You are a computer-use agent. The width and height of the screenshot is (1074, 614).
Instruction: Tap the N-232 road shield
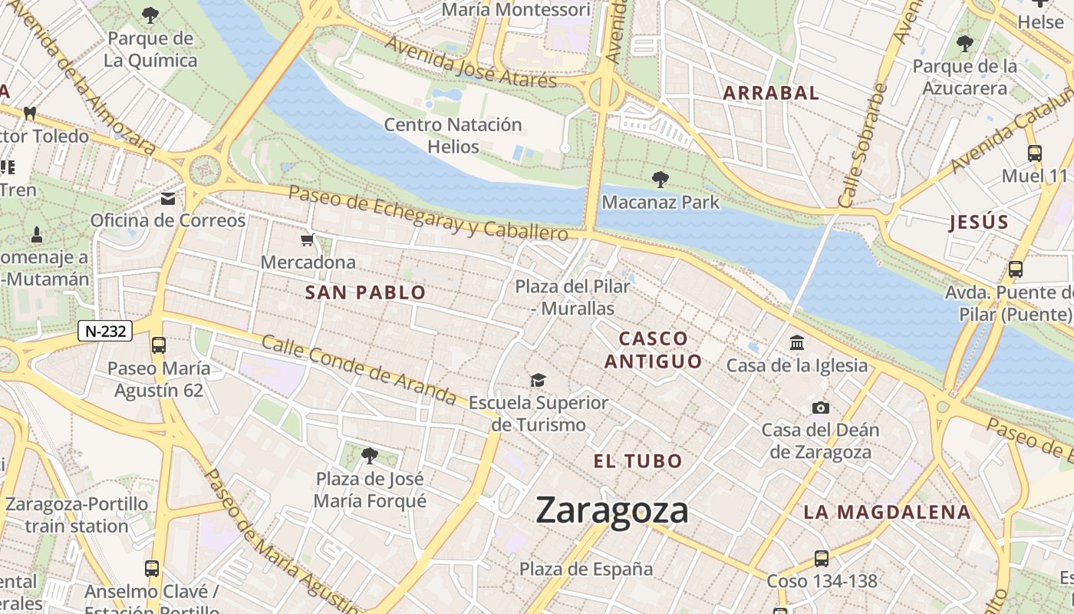105,332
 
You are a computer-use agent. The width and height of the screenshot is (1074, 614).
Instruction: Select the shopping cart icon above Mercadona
308,240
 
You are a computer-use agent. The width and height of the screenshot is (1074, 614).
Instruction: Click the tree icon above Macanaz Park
660,180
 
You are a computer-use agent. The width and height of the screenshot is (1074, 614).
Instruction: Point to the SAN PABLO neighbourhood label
365,292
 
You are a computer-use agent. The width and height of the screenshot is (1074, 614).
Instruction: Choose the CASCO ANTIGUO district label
653,350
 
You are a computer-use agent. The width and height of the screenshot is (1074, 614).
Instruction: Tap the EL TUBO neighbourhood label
637,461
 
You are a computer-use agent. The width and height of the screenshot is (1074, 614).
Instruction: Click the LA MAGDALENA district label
887,512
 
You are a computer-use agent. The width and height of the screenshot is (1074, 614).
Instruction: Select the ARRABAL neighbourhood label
771,94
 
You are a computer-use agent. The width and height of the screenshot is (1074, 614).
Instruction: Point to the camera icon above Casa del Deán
820,408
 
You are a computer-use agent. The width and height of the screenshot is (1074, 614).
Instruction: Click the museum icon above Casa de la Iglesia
797,342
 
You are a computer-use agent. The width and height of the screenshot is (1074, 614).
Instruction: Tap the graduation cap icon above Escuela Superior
539,380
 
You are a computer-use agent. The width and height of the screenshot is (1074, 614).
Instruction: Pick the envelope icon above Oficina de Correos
167,199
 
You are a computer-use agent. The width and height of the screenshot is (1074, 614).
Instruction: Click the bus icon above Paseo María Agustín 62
159,345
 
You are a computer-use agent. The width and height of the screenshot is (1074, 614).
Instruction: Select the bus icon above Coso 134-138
821,558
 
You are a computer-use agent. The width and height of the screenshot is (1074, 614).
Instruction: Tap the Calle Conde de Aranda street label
359,370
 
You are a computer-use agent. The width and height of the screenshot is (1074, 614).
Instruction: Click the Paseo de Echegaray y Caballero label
428,213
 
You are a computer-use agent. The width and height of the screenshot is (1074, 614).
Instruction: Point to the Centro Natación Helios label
453,135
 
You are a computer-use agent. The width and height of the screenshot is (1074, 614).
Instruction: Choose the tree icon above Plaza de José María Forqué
369,456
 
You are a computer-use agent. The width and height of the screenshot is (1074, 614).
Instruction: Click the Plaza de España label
586,569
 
